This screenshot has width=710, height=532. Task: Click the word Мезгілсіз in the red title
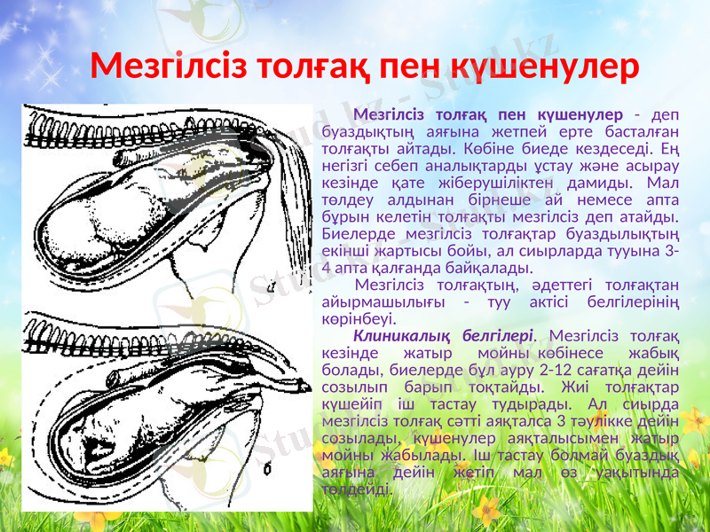click(170, 65)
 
